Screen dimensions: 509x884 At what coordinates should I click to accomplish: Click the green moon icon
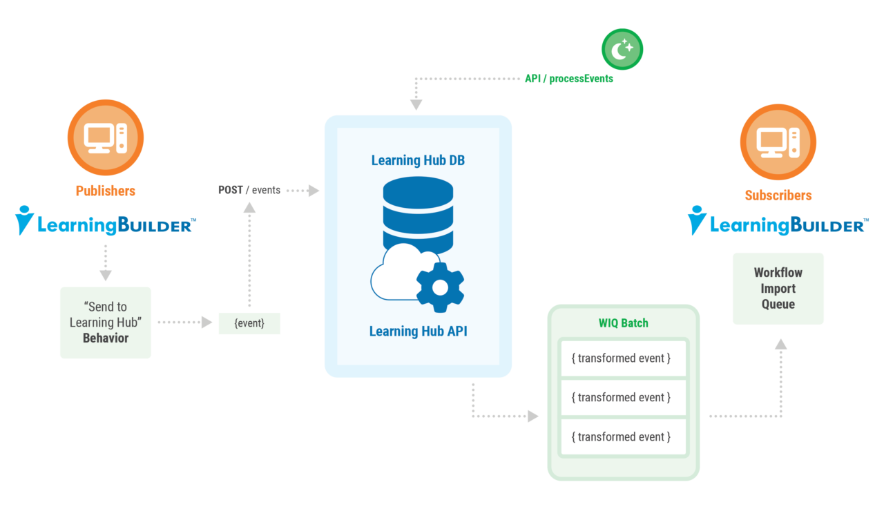(x=622, y=49)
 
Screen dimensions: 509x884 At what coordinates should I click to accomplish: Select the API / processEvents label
(x=568, y=79)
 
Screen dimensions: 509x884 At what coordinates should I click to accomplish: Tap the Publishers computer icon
(x=106, y=137)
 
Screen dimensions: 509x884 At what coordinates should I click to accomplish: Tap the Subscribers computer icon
(x=778, y=142)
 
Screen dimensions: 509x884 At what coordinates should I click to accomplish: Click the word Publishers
(x=106, y=191)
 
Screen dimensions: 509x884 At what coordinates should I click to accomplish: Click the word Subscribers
(x=778, y=195)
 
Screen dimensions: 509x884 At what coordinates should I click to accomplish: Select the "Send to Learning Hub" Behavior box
(x=106, y=322)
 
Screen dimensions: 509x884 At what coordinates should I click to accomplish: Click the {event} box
(x=249, y=323)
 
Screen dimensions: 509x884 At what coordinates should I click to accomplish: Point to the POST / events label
(x=249, y=190)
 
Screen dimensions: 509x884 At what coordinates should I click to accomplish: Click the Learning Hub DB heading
(x=418, y=160)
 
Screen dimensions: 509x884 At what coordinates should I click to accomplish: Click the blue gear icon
(x=440, y=287)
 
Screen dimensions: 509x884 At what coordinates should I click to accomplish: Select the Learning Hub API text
(x=418, y=332)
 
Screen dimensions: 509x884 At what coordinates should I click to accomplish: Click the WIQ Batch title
(x=623, y=323)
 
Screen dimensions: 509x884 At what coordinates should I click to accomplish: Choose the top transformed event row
(x=623, y=358)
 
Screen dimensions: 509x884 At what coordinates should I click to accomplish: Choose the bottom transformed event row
(x=623, y=437)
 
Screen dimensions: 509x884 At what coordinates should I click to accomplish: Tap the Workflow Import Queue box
(x=778, y=289)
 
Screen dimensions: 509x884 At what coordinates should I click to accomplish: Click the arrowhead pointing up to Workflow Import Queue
(x=781, y=344)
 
